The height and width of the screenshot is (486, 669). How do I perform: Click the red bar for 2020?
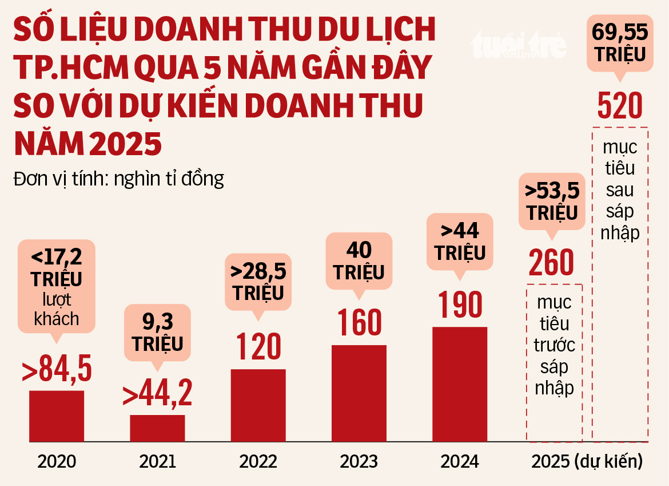pyautogui.click(x=57, y=416)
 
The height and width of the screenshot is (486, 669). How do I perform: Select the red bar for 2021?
pyautogui.click(x=157, y=428)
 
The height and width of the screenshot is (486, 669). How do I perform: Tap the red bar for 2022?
pyautogui.click(x=258, y=405)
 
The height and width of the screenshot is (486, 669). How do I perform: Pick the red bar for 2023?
pyautogui.click(x=359, y=393)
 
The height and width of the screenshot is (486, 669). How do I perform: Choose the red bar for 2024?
pyautogui.click(x=460, y=384)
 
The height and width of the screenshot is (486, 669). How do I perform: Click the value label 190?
pyautogui.click(x=460, y=305)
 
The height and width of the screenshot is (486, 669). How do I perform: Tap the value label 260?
pyautogui.click(x=551, y=263)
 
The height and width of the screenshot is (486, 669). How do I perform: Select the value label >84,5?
pyautogui.click(x=57, y=370)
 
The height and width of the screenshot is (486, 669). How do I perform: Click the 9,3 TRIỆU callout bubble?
pyautogui.click(x=157, y=335)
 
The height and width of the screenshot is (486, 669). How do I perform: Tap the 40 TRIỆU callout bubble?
pyautogui.click(x=359, y=261)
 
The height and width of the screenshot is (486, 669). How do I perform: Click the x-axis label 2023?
pyautogui.click(x=359, y=461)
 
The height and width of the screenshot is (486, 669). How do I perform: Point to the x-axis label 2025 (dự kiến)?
pyautogui.click(x=587, y=461)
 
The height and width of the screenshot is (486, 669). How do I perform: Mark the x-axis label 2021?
pyautogui.click(x=157, y=461)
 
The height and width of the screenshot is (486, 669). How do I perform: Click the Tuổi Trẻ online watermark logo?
pyautogui.click(x=517, y=46)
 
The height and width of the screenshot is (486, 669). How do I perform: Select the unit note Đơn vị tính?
pyautogui.click(x=118, y=179)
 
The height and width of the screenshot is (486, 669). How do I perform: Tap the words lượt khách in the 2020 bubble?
pyautogui.click(x=57, y=309)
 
